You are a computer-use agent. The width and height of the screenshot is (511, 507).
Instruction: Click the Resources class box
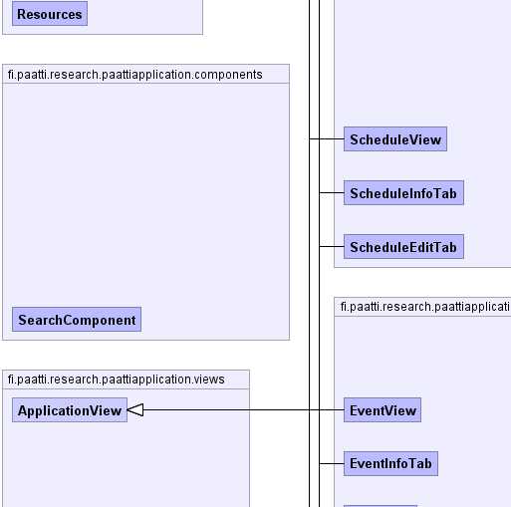pyautogui.click(x=50, y=14)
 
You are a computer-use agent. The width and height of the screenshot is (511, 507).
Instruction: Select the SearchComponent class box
pyautogui.click(x=77, y=320)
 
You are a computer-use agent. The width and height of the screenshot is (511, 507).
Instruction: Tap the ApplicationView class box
pyautogui.click(x=70, y=410)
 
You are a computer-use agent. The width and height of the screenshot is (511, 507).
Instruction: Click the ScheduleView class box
pyautogui.click(x=395, y=139)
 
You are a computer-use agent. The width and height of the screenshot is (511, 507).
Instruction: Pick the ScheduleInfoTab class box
pyautogui.click(x=403, y=193)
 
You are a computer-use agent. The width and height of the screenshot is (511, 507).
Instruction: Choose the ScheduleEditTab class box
pyautogui.click(x=403, y=247)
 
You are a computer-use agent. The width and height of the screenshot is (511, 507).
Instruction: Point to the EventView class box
pyautogui.click(x=383, y=410)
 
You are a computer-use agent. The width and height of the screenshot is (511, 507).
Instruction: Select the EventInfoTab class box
pyautogui.click(x=390, y=463)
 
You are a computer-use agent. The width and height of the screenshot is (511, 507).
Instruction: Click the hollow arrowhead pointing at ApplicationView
pyautogui.click(x=135, y=410)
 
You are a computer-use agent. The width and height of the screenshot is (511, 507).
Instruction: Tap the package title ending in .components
pyautogui.click(x=134, y=75)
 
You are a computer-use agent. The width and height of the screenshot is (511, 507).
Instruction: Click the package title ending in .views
pyautogui.click(x=116, y=380)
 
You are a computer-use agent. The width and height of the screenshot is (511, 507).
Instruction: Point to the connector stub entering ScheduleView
pyautogui.click(x=327, y=138)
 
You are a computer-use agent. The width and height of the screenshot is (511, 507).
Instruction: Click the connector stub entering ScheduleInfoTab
pyautogui.click(x=332, y=192)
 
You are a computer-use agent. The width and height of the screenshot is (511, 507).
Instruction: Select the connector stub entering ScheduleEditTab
pyautogui.click(x=332, y=246)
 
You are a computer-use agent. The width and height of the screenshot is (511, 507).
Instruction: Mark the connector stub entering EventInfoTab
pyautogui.click(x=332, y=463)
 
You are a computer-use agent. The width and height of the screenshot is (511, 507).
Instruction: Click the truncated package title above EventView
pyautogui.click(x=425, y=307)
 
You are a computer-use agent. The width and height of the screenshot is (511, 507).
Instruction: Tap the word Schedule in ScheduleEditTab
pyautogui.click(x=375, y=247)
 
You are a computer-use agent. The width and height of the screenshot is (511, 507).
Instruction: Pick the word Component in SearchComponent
pyautogui.click(x=100, y=321)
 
